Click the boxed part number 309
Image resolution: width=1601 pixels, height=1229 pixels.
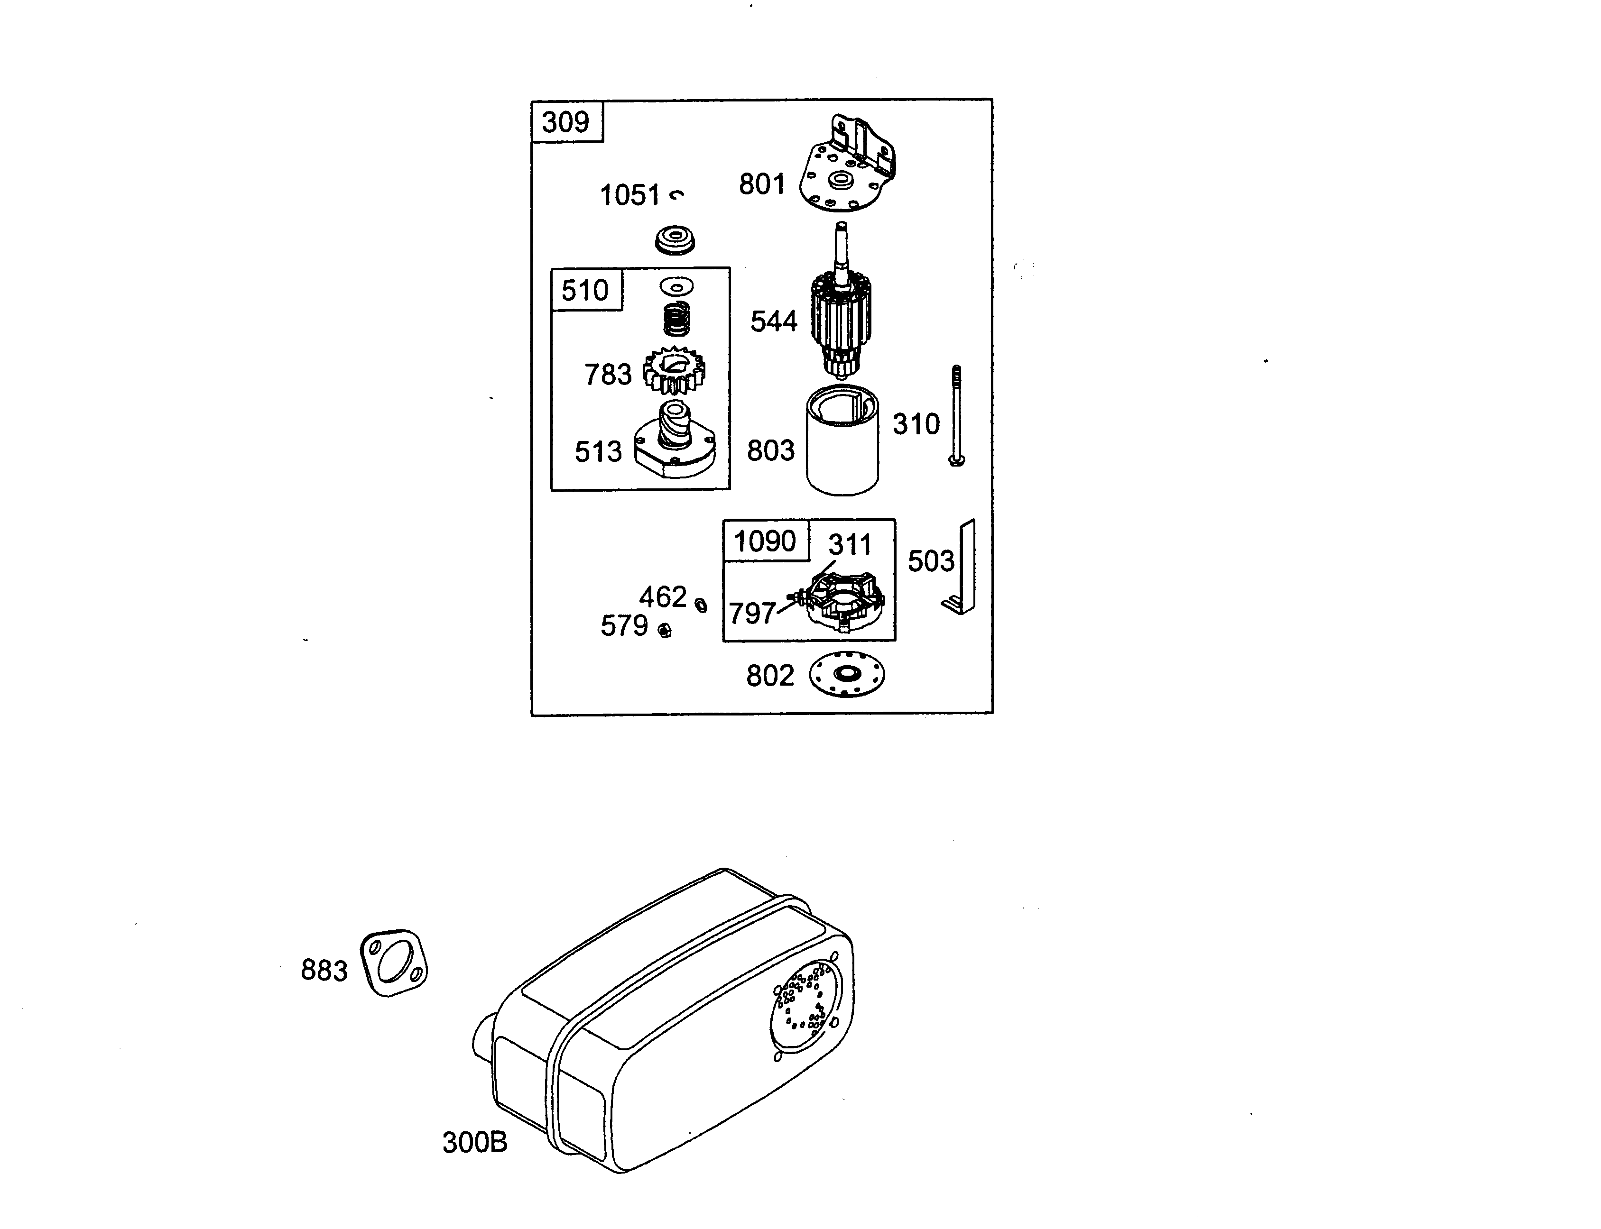pyautogui.click(x=565, y=121)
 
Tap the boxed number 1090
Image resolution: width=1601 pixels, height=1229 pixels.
pyautogui.click(x=765, y=541)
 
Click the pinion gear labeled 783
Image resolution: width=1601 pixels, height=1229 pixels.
pyautogui.click(x=674, y=371)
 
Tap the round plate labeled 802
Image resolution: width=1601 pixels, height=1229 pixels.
pyautogui.click(x=847, y=674)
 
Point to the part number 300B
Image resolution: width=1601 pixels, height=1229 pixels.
pyautogui.click(x=474, y=1142)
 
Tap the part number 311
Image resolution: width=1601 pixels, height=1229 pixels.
pyautogui.click(x=850, y=545)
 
